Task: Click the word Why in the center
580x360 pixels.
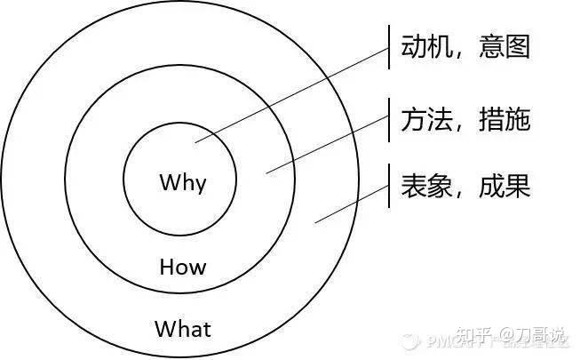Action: (182, 184)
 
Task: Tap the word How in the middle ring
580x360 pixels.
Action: (182, 266)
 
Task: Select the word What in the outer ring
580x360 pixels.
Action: (183, 329)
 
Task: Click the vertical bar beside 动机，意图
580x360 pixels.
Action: (390, 45)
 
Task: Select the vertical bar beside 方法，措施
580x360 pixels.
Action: (390, 117)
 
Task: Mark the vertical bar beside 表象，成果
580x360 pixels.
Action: (390, 188)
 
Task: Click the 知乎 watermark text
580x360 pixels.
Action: (474, 338)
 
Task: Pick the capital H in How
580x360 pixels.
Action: (166, 266)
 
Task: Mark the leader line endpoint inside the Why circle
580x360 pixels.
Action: (198, 140)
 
